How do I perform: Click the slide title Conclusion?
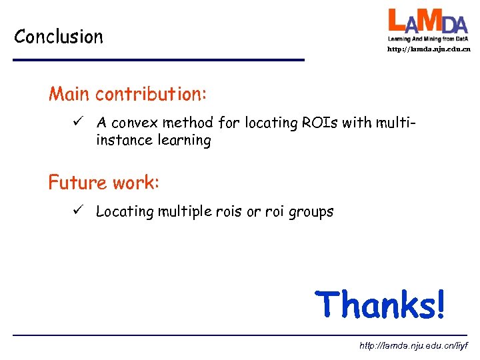(59, 36)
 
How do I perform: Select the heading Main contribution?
(127, 94)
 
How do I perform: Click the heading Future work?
(103, 181)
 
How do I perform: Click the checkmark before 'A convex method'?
(78, 122)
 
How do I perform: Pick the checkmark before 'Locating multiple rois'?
(78, 211)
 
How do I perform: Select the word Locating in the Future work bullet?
(125, 212)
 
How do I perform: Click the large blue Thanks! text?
(379, 304)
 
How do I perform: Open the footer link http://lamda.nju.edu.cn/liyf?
(413, 346)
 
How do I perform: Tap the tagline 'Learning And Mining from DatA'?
(429, 39)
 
